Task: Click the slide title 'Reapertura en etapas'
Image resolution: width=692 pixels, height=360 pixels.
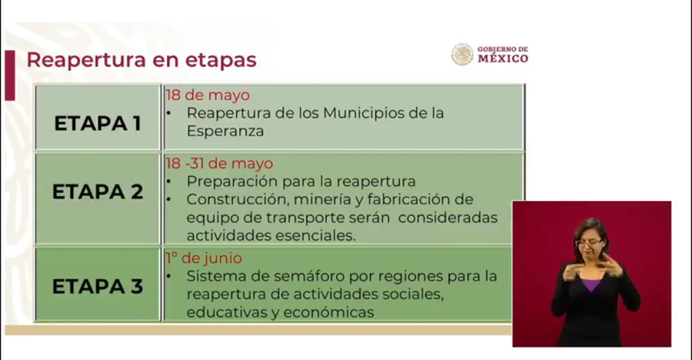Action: pos(141,60)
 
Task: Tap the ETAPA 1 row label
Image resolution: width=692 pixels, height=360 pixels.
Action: pos(98,123)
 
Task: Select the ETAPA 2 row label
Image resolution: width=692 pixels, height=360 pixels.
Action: pos(98,192)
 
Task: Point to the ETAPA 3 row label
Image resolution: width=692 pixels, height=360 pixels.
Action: pos(98,287)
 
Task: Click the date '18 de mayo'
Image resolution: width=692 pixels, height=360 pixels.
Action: pos(208,95)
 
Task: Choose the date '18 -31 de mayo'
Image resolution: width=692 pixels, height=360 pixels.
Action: pos(219,163)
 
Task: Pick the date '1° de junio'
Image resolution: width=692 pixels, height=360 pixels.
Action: pos(204,258)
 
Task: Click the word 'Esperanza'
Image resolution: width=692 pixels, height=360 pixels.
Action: pos(225,132)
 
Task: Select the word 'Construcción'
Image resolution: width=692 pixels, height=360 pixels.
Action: pos(238,199)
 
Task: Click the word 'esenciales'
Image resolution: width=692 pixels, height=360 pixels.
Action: pos(315,235)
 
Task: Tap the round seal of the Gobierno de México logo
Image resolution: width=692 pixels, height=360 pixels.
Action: pos(462,55)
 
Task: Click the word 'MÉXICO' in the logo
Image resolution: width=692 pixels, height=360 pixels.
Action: pos(503,58)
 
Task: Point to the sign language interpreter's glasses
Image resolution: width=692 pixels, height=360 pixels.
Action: pos(588,242)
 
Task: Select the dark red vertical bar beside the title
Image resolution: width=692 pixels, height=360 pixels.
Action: pos(10,75)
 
